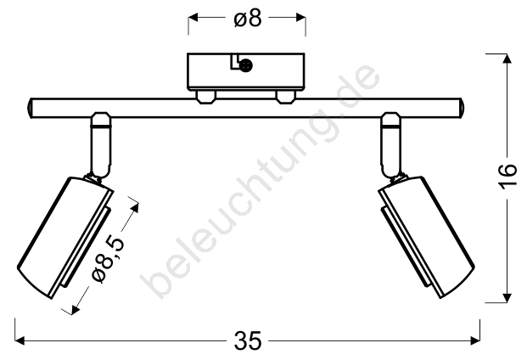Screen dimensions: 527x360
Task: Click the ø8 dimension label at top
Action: coord(248,18)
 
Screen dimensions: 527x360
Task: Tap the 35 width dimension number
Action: coord(247,340)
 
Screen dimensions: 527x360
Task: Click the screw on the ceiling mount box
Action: coord(246,65)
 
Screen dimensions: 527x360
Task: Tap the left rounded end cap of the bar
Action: coord(30,108)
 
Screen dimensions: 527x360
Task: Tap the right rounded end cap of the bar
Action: coord(461,108)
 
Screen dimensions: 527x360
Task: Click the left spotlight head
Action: coord(65,237)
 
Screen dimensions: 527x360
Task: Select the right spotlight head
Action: coord(426,237)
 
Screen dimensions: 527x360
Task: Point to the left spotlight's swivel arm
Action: coord(100,145)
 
